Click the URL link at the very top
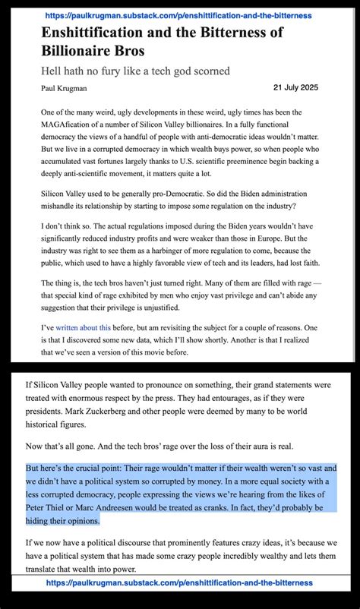pyautogui.click(x=178, y=15)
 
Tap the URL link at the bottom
pyautogui.click(x=178, y=582)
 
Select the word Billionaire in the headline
pyautogui.click(x=77, y=51)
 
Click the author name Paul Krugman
pyautogui.click(x=66, y=89)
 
